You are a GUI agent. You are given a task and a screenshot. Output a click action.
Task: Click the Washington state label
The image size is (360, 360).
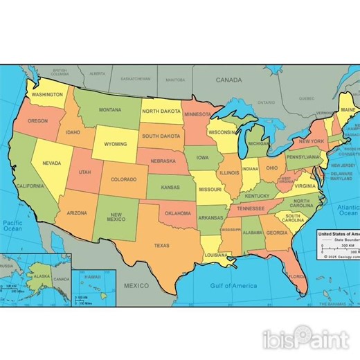point(47,94)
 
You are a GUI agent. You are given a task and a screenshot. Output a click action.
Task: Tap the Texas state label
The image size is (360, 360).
point(161,245)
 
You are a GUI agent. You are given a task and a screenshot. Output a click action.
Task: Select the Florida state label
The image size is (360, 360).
point(296,276)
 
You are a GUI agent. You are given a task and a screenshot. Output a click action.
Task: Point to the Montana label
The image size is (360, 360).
point(109,109)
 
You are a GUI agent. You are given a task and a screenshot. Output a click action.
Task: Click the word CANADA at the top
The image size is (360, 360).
point(228,80)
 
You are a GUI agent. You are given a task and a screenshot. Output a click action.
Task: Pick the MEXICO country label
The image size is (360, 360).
point(136,285)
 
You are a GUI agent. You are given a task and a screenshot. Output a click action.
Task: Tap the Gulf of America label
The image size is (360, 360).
point(233,285)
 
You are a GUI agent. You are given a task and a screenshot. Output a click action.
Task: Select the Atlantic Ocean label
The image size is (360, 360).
point(349,212)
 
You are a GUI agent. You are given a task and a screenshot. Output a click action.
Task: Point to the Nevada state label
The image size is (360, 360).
point(51,163)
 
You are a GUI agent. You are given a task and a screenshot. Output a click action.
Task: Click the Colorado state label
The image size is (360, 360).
point(123,179)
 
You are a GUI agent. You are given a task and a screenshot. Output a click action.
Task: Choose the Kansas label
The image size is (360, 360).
point(170,188)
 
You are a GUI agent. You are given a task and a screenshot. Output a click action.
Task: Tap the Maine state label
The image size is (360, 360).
point(348,109)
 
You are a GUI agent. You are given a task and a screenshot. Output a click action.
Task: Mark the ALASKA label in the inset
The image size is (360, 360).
point(42,276)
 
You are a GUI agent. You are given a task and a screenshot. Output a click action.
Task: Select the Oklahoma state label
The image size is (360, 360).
point(178,213)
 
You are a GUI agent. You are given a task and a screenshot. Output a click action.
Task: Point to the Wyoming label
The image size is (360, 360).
point(115,144)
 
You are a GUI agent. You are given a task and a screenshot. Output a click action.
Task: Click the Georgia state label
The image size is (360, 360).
point(276,233)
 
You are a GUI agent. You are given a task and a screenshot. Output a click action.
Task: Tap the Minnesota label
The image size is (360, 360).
point(197,114)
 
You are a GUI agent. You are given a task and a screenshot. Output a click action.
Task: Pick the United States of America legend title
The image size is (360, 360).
point(338,234)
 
